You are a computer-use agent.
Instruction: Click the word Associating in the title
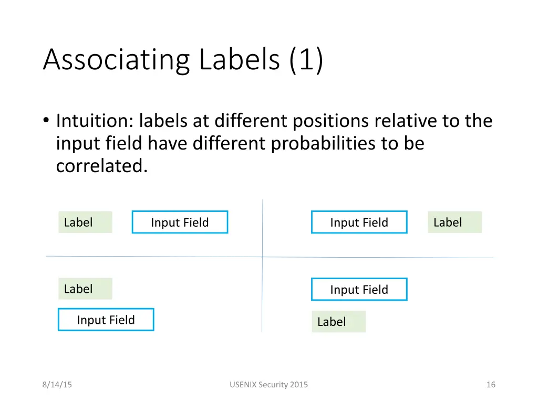[x=116, y=59]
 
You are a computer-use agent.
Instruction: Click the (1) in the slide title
[x=306, y=59]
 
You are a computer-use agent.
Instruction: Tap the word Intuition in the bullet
[x=93, y=121]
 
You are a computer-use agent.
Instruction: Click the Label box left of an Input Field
[x=85, y=222]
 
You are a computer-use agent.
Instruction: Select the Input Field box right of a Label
[x=180, y=222]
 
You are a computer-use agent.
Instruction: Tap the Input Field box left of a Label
[x=359, y=222]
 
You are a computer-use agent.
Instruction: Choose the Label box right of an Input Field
[x=454, y=222]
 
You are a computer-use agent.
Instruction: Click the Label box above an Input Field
[x=85, y=289]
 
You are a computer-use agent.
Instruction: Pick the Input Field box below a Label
[x=106, y=320]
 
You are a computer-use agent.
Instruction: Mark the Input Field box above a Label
[x=359, y=289]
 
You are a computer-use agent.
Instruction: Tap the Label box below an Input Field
[x=338, y=322]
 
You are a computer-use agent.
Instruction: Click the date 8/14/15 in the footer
[x=57, y=385]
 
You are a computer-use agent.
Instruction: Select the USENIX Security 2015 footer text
[x=268, y=385]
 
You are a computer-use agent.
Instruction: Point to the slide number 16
[x=491, y=385]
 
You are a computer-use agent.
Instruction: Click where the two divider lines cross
[x=262, y=257]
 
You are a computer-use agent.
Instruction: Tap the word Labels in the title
[x=240, y=59]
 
